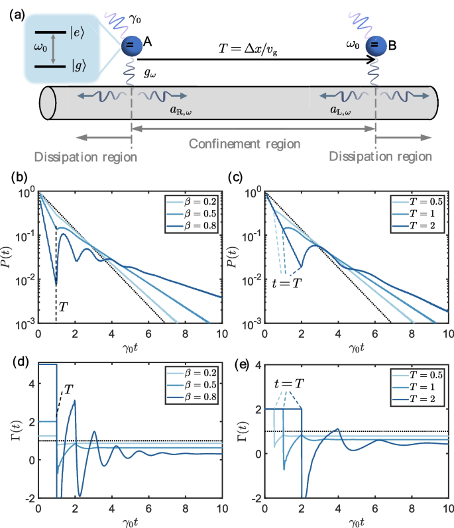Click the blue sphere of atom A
(x=131, y=45)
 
